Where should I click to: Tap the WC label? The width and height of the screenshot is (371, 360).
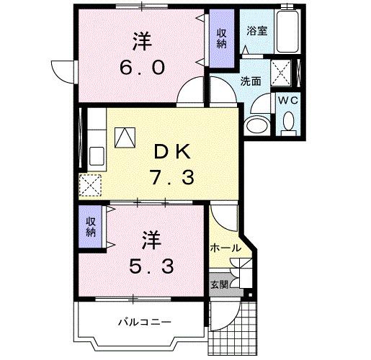[288, 100]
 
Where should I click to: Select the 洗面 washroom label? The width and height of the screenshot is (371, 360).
[250, 81]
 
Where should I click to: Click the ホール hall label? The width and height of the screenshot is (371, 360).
[225, 248]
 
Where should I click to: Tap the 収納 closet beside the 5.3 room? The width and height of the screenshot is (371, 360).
[91, 228]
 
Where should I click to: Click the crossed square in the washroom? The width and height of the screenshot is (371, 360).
[280, 72]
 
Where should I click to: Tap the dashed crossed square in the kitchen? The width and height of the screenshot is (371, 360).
[90, 186]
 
